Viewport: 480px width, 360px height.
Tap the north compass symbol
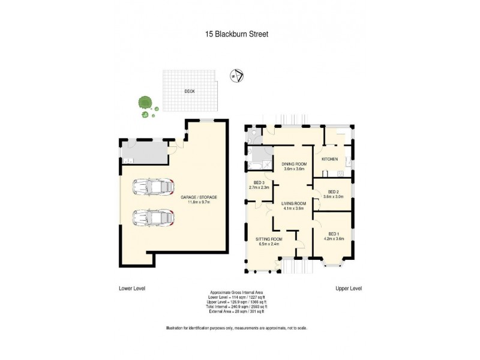point(236,76)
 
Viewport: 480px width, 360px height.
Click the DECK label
point(190,92)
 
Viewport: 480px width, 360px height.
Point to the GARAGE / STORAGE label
point(199,197)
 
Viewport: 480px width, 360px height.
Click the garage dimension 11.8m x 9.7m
point(199,202)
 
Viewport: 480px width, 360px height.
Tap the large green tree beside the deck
point(143,101)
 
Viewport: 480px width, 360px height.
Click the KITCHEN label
point(329,159)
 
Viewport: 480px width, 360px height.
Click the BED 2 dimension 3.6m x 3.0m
point(333,196)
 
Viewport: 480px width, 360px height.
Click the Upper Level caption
point(348,289)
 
